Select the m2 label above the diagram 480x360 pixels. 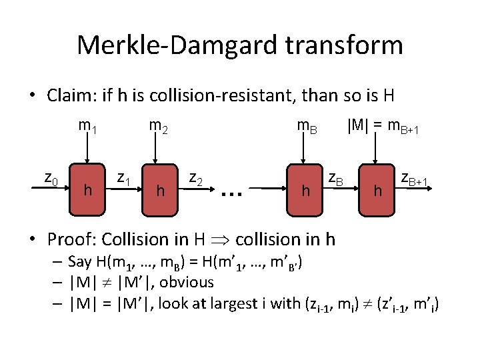coord(158,126)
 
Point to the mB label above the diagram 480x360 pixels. coord(307,126)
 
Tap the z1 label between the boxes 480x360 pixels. coord(123,178)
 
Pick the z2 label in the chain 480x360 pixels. coord(196,178)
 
